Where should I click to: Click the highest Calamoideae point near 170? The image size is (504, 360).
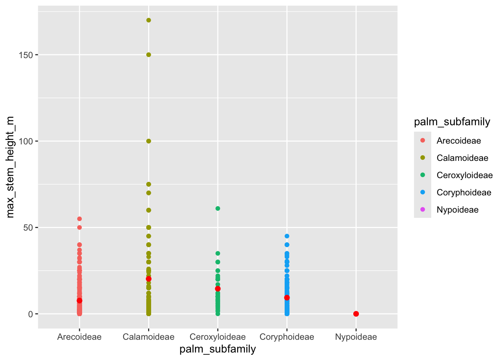148,20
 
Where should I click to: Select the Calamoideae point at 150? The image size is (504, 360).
148,55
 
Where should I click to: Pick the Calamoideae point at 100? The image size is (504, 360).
148,141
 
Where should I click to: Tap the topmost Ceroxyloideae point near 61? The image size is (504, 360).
218,208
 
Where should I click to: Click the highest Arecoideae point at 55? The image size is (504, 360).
79,219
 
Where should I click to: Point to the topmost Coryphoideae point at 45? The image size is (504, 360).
287,236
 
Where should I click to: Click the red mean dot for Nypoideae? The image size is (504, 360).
356,314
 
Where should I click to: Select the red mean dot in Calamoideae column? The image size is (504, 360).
148,279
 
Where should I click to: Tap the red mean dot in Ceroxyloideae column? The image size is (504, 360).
218,289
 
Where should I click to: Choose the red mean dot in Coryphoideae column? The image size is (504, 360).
287,298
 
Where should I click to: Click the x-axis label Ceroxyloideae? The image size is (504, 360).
218,337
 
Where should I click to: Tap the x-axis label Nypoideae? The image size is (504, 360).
356,337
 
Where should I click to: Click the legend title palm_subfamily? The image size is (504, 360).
452,122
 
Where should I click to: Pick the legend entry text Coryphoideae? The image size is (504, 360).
464,192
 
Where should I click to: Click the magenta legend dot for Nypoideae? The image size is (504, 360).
423,210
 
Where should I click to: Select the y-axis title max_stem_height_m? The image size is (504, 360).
10,167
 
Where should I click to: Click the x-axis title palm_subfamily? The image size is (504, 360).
218,349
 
